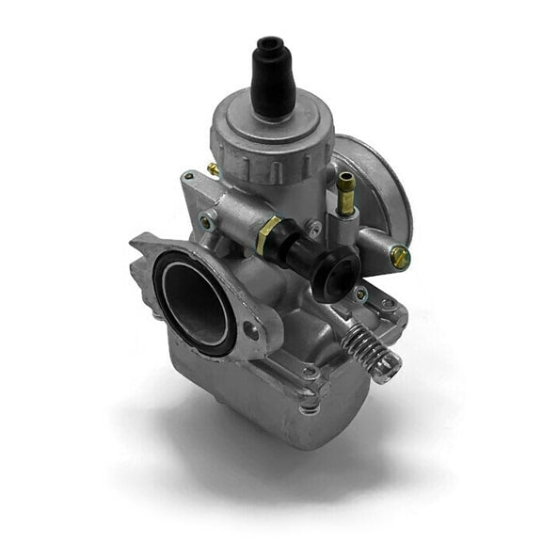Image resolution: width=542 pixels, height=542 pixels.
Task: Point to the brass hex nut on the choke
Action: click(x=268, y=234)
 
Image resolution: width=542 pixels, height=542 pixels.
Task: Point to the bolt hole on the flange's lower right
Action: click(x=252, y=330)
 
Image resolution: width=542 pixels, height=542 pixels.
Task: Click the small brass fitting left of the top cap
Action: click(x=214, y=169)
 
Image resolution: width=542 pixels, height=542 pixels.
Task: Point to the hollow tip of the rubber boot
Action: click(x=272, y=43)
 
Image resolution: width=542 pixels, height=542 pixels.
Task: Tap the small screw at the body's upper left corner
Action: click(x=189, y=176)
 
